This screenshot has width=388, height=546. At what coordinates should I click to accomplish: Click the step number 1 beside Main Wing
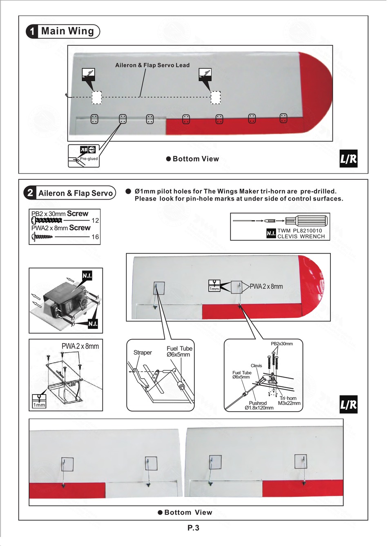pyautogui.click(x=32, y=31)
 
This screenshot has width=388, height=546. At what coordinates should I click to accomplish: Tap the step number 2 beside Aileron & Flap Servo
pyautogui.click(x=30, y=193)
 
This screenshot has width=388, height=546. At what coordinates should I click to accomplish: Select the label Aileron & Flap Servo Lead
pyautogui.click(x=152, y=65)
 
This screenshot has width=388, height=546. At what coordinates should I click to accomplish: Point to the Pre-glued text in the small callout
pyautogui.click(x=89, y=159)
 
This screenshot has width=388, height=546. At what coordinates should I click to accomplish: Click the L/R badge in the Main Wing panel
pyautogui.click(x=348, y=159)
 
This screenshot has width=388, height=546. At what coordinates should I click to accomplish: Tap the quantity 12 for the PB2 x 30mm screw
pyautogui.click(x=95, y=221)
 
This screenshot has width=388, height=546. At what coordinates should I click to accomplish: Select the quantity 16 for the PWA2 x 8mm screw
pyautogui.click(x=95, y=237)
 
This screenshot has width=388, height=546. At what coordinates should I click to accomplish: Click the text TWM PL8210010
pyautogui.click(x=300, y=230)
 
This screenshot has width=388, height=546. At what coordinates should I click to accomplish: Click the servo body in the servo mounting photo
pyautogui.click(x=64, y=300)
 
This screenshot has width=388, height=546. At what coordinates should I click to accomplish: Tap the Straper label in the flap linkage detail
pyautogui.click(x=143, y=352)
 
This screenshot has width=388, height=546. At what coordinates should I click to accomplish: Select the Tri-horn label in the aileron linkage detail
pyautogui.click(x=288, y=398)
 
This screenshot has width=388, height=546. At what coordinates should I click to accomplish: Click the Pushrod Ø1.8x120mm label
pyautogui.click(x=259, y=405)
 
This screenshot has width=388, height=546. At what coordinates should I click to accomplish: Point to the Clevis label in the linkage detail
pyautogui.click(x=256, y=365)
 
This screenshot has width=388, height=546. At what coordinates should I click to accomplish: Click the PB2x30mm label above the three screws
pyautogui.click(x=282, y=344)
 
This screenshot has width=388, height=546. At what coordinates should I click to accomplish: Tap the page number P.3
pyautogui.click(x=193, y=528)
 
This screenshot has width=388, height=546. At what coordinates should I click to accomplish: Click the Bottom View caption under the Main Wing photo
pyautogui.click(x=196, y=159)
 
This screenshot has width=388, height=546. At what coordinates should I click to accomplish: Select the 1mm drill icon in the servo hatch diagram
pyautogui.click(x=39, y=401)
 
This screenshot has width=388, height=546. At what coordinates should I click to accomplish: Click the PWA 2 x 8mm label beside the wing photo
pyautogui.click(x=266, y=287)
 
